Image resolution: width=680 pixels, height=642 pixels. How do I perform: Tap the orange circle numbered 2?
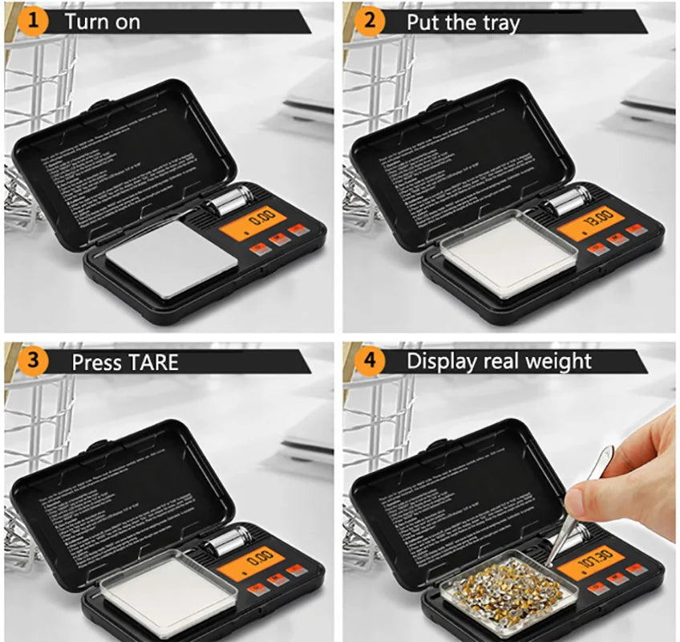(368, 21)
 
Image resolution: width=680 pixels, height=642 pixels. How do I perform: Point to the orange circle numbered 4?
(368, 361)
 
